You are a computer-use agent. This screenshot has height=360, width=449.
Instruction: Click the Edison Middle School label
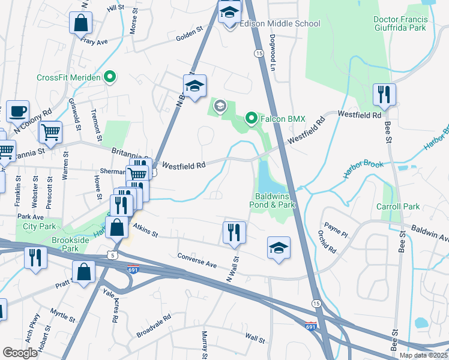[280, 23]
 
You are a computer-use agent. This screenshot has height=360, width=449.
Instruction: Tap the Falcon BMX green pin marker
[252, 118]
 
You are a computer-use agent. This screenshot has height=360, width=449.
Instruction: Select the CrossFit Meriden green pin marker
[109, 77]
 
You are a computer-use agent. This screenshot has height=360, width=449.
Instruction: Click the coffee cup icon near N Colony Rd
[18, 111]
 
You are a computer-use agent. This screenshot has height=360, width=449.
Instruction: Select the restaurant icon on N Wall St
[234, 232]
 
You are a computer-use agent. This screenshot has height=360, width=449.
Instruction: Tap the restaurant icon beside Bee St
[383, 94]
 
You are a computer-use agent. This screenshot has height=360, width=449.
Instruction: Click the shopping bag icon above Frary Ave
[80, 23]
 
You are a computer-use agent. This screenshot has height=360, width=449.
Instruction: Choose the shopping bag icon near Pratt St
[83, 271]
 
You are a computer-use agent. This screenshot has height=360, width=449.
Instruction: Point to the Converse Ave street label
[197, 260]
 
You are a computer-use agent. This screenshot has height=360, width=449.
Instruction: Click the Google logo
[20, 353]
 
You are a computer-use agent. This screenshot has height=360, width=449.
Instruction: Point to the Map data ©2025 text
[423, 355]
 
